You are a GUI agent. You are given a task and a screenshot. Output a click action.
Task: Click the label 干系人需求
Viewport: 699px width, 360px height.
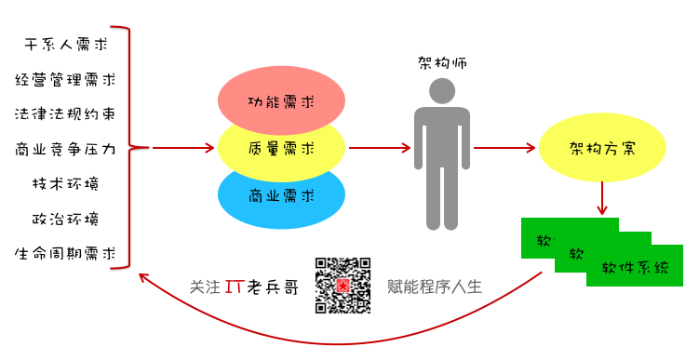(66, 44)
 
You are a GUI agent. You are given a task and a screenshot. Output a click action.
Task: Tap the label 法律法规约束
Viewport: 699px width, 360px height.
(66, 113)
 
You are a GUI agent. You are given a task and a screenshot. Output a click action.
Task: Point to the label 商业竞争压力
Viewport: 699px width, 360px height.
(66, 148)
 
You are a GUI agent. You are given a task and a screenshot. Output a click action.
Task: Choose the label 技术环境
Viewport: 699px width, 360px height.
(66, 183)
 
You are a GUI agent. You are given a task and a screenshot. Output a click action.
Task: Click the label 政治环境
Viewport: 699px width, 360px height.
(66, 219)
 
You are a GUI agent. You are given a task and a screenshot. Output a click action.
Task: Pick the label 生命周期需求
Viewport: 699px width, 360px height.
(66, 253)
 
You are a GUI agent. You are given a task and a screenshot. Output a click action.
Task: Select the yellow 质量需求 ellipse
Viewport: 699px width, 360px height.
(281, 148)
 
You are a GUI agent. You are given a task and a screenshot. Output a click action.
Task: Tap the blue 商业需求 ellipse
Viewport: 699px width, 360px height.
(281, 195)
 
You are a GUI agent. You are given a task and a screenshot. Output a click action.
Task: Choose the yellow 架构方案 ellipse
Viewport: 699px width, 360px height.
(603, 148)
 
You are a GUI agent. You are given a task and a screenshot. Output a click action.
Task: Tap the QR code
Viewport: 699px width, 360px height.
(343, 286)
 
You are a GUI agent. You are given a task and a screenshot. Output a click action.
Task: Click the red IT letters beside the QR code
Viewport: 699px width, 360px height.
(235, 287)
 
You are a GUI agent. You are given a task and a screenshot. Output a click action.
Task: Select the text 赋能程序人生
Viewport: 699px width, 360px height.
(435, 287)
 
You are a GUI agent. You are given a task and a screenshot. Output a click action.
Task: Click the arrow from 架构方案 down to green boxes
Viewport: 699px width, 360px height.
(603, 197)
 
